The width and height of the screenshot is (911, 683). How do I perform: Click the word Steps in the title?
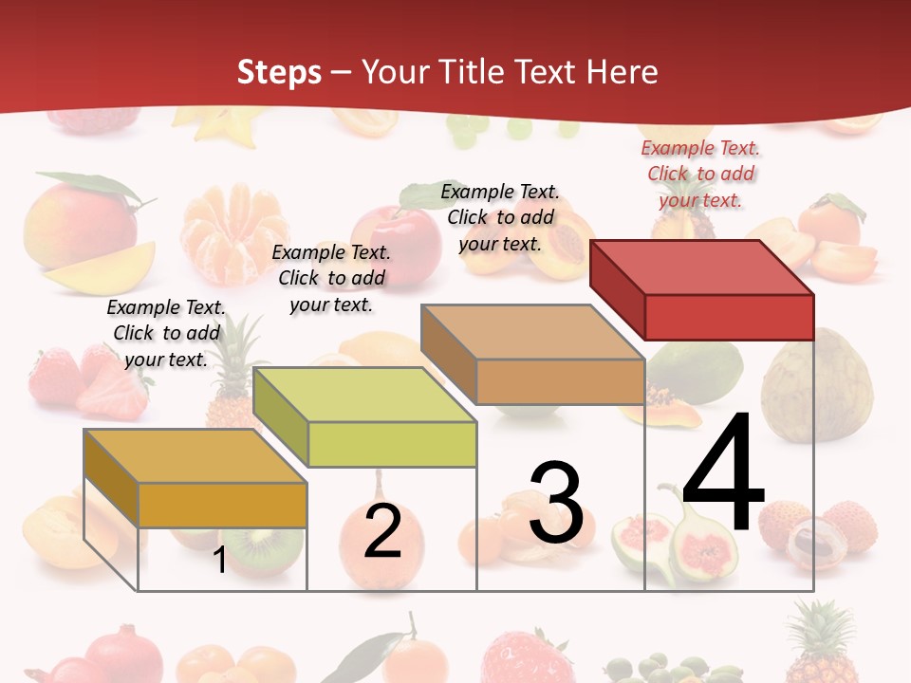[x=279, y=72]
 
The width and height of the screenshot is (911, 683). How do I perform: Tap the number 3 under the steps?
[x=556, y=503]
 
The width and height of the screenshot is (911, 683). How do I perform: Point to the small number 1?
[x=219, y=561]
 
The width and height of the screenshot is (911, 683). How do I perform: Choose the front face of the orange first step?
[x=222, y=505]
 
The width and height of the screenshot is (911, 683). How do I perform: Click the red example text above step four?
[x=700, y=174]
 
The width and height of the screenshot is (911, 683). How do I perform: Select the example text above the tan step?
[x=500, y=217]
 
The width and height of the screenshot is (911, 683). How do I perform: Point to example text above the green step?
[x=331, y=278]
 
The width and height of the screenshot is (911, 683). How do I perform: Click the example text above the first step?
[x=166, y=333]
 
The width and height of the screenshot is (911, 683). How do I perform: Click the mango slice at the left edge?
[x=100, y=268]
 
